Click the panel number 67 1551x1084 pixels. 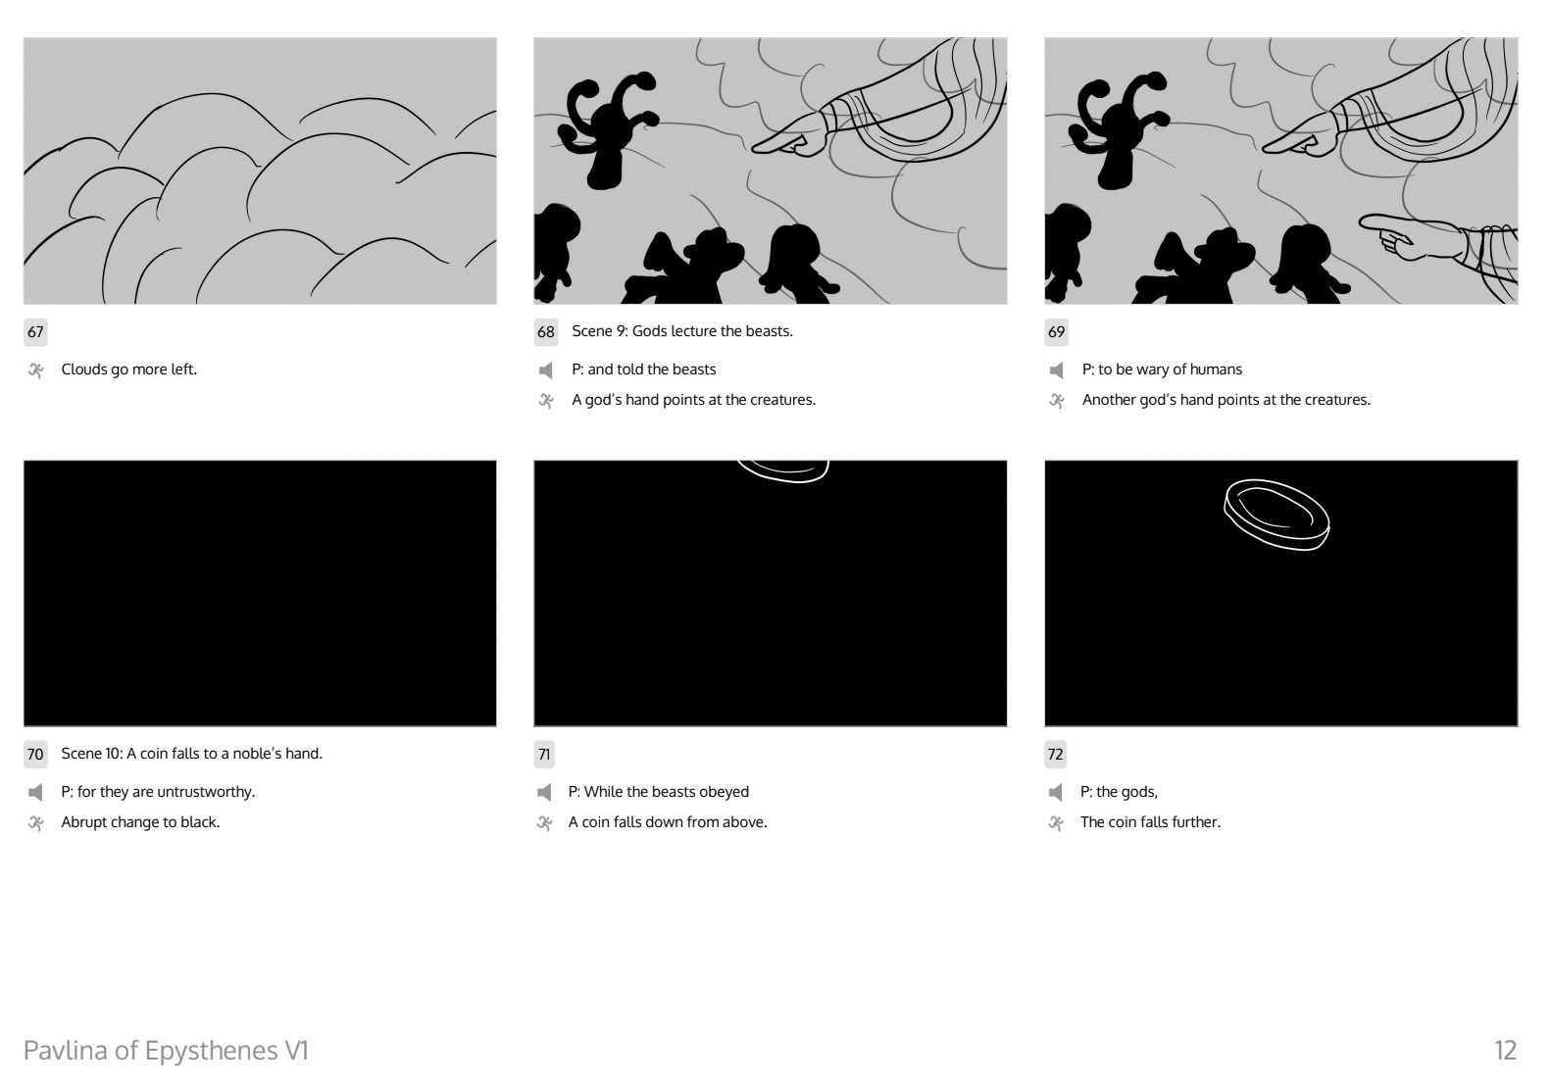tap(35, 332)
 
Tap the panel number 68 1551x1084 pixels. tap(546, 332)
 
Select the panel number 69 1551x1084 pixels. tap(1056, 332)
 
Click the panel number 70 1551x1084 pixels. tap(35, 755)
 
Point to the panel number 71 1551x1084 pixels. tap(544, 755)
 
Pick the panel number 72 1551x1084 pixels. tap(1055, 755)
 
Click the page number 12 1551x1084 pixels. tap(1505, 1051)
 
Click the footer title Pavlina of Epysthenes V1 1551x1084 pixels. tap(167, 1051)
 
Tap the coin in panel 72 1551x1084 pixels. tap(1276, 515)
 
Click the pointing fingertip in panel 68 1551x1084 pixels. tap(756, 147)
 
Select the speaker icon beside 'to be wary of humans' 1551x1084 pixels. tap(1057, 370)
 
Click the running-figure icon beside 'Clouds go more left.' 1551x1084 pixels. tap(36, 370)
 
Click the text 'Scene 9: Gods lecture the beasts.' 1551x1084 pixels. tap(682, 331)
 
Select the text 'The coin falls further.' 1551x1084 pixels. tap(1150, 822)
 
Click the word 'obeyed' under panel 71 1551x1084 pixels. tap(725, 793)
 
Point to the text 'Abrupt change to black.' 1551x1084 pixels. tap(140, 822)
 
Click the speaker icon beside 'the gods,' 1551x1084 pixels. tap(1056, 793)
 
